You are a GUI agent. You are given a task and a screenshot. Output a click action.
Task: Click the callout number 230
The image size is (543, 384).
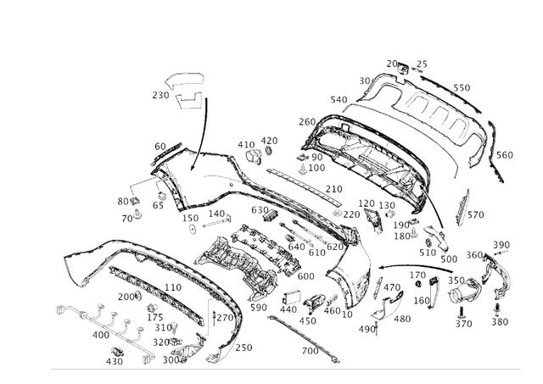click(160, 96)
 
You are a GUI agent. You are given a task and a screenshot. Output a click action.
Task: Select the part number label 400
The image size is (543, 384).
click(100, 336)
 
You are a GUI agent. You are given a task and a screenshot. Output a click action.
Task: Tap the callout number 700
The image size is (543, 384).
click(310, 350)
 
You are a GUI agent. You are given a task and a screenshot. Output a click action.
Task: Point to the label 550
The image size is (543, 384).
click(461, 87)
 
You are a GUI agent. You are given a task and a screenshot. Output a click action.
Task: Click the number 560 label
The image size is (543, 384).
click(504, 155)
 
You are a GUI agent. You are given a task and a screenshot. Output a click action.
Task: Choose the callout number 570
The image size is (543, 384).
click(475, 214)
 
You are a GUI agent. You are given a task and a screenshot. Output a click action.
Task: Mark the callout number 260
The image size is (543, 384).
click(306, 121)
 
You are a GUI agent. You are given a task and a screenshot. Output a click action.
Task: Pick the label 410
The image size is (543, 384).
click(246, 144)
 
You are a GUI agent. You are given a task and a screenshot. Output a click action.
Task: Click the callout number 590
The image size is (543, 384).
click(258, 308)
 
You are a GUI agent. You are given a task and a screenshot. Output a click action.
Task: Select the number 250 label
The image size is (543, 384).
click(244, 348)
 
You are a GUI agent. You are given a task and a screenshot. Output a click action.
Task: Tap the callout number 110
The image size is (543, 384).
click(173, 287)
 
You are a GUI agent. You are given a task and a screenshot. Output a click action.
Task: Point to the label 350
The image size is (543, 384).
click(456, 280)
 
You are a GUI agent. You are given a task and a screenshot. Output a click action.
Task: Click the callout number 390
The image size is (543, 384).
click(501, 245)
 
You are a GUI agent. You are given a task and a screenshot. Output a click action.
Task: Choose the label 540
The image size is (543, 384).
click(339, 100)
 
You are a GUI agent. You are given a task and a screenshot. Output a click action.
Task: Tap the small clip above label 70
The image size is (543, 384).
click(137, 210)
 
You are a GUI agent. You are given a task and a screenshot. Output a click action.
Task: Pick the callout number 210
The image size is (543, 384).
click(334, 189)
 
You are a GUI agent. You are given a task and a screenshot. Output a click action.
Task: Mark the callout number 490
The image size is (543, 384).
click(366, 329)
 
